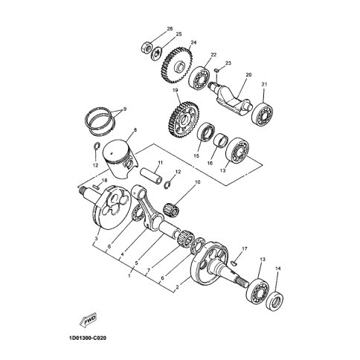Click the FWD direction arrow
coord(87,321)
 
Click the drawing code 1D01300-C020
coord(86,338)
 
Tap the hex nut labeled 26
coord(146,48)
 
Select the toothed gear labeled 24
coord(177,65)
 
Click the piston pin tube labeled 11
coord(152,176)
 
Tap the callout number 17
coord(245,248)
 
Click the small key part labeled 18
coord(96,187)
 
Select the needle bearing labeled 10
coord(171,210)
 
